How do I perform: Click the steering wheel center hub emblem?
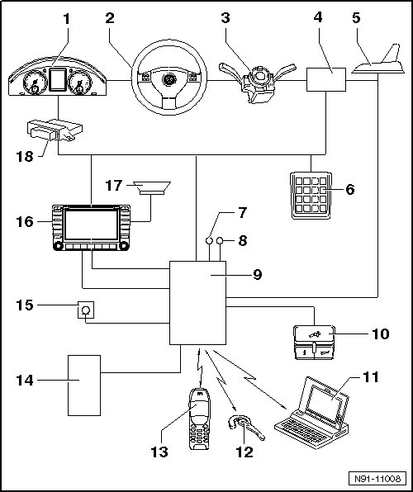[169, 79]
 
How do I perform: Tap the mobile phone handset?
[199, 419]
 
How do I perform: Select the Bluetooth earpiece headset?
[245, 428]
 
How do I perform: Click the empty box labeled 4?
[326, 80]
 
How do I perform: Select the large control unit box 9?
[197, 303]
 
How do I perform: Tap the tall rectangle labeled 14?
[84, 386]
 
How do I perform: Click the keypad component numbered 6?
[311, 195]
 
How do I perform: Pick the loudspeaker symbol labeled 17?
[152, 188]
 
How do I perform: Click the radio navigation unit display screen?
[91, 225]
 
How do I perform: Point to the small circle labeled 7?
[209, 241]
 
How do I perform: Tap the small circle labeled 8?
[220, 241]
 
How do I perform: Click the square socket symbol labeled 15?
[86, 310]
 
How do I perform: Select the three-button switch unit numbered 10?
[314, 343]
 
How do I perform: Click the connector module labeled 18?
[55, 130]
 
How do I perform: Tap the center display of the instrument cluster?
[58, 80]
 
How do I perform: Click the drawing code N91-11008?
[377, 479]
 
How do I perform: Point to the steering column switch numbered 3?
[257, 83]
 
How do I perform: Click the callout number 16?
[25, 222]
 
